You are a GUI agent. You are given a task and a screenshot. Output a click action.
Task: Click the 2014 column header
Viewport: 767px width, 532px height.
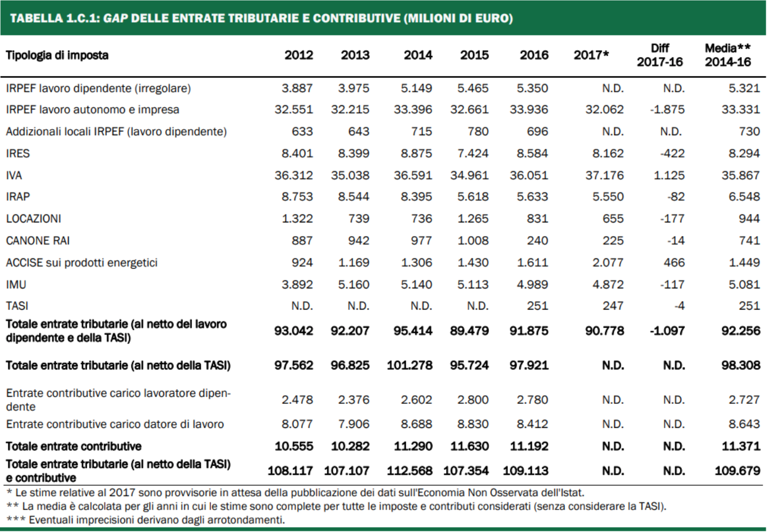[x=417, y=55]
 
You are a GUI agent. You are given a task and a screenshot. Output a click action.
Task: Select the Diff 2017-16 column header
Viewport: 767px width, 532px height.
[x=660, y=55]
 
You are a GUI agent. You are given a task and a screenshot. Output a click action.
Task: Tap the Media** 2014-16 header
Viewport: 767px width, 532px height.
[x=728, y=55]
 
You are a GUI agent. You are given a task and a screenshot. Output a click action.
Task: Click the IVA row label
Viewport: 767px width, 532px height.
[x=14, y=176]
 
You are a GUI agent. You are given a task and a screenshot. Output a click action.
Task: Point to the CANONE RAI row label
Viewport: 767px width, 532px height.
[x=38, y=241]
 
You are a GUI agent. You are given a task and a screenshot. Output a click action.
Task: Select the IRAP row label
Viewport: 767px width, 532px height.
[x=18, y=197]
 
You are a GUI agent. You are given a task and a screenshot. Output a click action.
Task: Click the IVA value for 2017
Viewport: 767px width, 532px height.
[x=604, y=176]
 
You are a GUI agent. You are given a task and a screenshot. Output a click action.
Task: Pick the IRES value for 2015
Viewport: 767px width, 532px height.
[x=472, y=154]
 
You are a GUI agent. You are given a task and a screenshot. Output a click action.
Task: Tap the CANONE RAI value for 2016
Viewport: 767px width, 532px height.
[x=537, y=241]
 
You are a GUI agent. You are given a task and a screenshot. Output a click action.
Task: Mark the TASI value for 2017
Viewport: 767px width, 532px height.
[x=613, y=306]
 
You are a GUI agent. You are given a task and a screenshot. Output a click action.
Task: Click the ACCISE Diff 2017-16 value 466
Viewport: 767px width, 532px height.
[x=674, y=263]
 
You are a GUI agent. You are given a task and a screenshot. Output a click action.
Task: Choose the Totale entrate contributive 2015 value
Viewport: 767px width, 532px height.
[x=469, y=446]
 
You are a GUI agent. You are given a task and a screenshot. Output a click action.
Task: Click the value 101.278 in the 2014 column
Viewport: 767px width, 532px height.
[x=409, y=365]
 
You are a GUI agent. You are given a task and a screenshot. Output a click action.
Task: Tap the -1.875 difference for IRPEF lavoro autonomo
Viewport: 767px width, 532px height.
[x=667, y=110]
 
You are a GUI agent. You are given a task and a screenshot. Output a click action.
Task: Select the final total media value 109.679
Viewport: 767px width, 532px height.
[x=737, y=470]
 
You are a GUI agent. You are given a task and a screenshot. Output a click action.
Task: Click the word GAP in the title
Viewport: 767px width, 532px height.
[x=116, y=18]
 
